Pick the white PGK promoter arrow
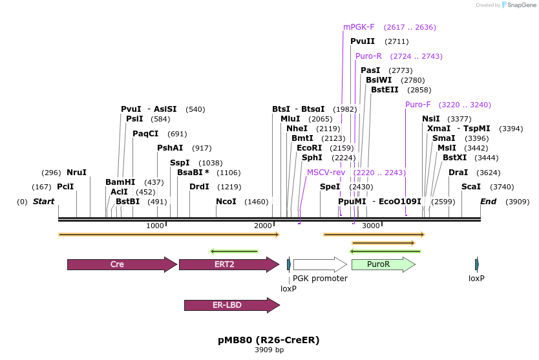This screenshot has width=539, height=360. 319,264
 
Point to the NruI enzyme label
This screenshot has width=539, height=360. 76,173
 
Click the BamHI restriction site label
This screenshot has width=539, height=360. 120,182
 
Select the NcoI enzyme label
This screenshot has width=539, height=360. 226,202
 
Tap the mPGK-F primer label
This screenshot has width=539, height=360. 359,27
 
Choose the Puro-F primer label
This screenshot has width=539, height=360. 418,105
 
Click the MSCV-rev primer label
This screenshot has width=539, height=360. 326,173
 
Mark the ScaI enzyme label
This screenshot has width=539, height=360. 471,187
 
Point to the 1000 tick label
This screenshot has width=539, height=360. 155,226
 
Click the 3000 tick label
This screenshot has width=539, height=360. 370,226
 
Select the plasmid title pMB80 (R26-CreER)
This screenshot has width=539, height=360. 269,339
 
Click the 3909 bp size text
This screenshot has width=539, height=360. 269,350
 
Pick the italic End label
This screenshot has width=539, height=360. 488,202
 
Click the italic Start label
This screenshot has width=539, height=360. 44,202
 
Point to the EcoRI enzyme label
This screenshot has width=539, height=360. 309,148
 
